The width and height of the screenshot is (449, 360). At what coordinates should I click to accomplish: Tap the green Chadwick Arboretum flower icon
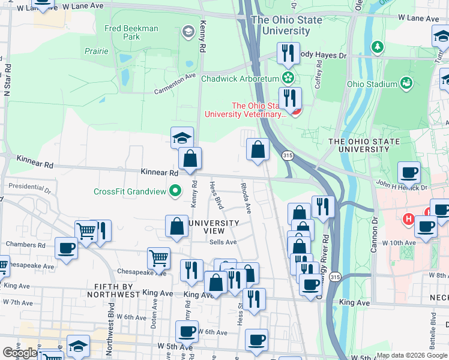click(x=289, y=78)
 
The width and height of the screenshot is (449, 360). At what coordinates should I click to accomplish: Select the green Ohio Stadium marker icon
click(x=407, y=83)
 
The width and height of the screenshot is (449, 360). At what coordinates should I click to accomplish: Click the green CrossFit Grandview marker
click(x=175, y=191)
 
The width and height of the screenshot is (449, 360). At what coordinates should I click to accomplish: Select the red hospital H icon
click(x=409, y=220)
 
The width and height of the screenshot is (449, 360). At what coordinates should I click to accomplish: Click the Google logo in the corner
click(x=20, y=353)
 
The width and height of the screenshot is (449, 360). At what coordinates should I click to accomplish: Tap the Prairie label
click(x=97, y=52)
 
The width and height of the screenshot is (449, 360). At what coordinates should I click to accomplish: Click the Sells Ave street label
click(x=223, y=242)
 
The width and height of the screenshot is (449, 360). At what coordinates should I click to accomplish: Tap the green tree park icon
click(x=377, y=46)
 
